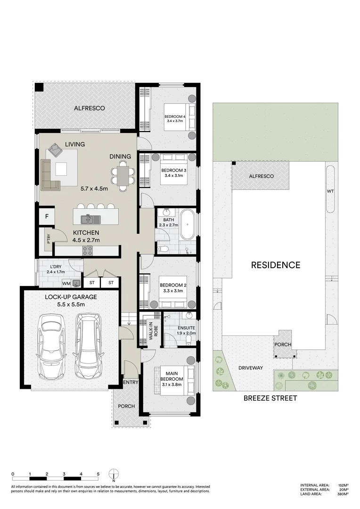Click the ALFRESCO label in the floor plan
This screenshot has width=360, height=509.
[89, 108]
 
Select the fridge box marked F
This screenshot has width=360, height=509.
[47, 217]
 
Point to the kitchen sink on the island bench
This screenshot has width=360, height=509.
[90, 219]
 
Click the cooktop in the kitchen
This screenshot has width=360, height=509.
[88, 251]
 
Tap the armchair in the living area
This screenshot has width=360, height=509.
[55, 151]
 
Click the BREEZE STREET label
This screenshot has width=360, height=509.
[270, 398]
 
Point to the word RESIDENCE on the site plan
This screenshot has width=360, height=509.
[275, 265]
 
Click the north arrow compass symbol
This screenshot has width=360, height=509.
[113, 474]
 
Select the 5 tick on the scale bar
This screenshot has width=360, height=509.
[98, 474]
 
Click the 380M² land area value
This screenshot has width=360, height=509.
[343, 494]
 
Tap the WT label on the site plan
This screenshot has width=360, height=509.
[330, 192]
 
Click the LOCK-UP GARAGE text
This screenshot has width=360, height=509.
[71, 297]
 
